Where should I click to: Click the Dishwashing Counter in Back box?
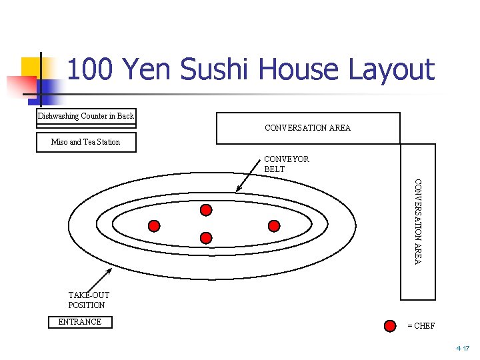click(x=86, y=116)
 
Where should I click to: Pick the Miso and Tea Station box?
click(x=86, y=142)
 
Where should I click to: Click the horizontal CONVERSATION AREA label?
click(x=307, y=128)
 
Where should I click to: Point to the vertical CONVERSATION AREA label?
click(x=418, y=221)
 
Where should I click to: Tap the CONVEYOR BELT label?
click(x=286, y=164)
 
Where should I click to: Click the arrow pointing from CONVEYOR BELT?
click(x=251, y=181)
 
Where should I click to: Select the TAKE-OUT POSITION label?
click(x=88, y=300)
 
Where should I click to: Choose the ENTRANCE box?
click(x=80, y=322)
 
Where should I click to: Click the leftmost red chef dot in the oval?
click(x=154, y=225)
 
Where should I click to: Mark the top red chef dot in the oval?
click(x=206, y=210)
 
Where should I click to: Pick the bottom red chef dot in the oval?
click(x=206, y=237)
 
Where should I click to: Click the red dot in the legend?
click(x=390, y=326)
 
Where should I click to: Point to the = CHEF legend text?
click(x=421, y=326)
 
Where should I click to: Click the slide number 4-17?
click(x=463, y=349)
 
